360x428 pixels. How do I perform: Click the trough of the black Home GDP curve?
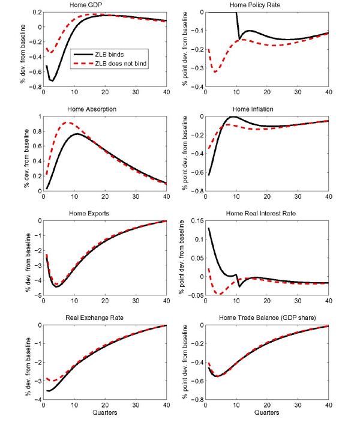point(52,80)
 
